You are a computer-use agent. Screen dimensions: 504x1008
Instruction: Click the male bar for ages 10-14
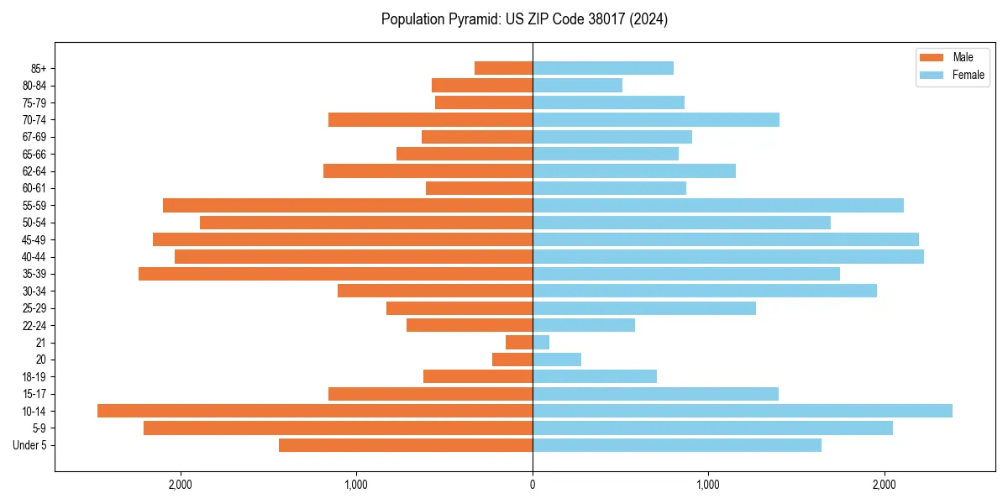tap(315, 411)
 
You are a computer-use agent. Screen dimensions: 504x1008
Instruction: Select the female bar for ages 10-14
tap(743, 411)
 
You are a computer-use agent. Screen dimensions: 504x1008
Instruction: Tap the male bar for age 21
tap(519, 343)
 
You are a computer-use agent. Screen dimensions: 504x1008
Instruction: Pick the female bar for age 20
tap(557, 360)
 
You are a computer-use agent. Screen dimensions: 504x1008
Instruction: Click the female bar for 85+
tap(603, 68)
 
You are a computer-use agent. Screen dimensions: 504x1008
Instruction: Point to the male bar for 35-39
tap(336, 274)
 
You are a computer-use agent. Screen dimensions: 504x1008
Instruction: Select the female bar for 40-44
tap(728, 256)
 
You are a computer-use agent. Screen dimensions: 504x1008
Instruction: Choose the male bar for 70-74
tap(430, 119)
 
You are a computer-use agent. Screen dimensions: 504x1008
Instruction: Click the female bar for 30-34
tap(705, 291)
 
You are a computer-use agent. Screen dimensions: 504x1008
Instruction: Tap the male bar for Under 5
tap(406, 445)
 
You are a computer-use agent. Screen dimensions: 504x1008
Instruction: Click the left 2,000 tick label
tap(181, 485)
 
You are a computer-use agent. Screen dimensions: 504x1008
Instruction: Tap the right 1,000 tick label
tap(708, 485)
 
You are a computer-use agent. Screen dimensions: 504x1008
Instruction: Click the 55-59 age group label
tap(34, 206)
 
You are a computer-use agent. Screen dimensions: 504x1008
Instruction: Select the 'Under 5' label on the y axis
tap(30, 445)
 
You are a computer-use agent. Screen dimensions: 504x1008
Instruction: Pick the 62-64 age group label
tap(34, 171)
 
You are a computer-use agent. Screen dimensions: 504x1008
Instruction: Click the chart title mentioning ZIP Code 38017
tap(524, 19)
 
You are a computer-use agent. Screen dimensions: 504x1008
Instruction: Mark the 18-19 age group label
tap(34, 377)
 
